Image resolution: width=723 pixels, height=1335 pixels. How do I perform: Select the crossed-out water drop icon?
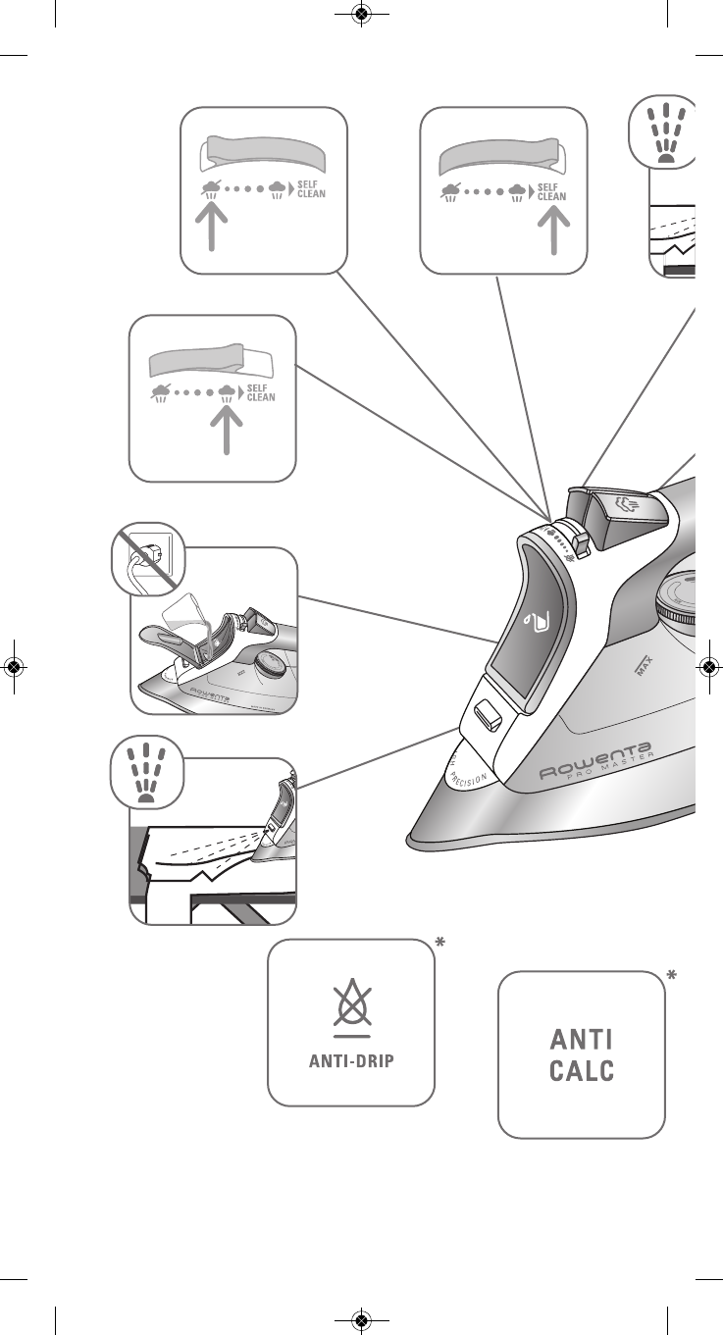click(x=351, y=1005)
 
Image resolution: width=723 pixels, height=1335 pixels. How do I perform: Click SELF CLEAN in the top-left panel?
click(x=311, y=189)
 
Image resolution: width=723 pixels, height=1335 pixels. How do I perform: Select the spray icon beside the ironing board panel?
click(x=147, y=771)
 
